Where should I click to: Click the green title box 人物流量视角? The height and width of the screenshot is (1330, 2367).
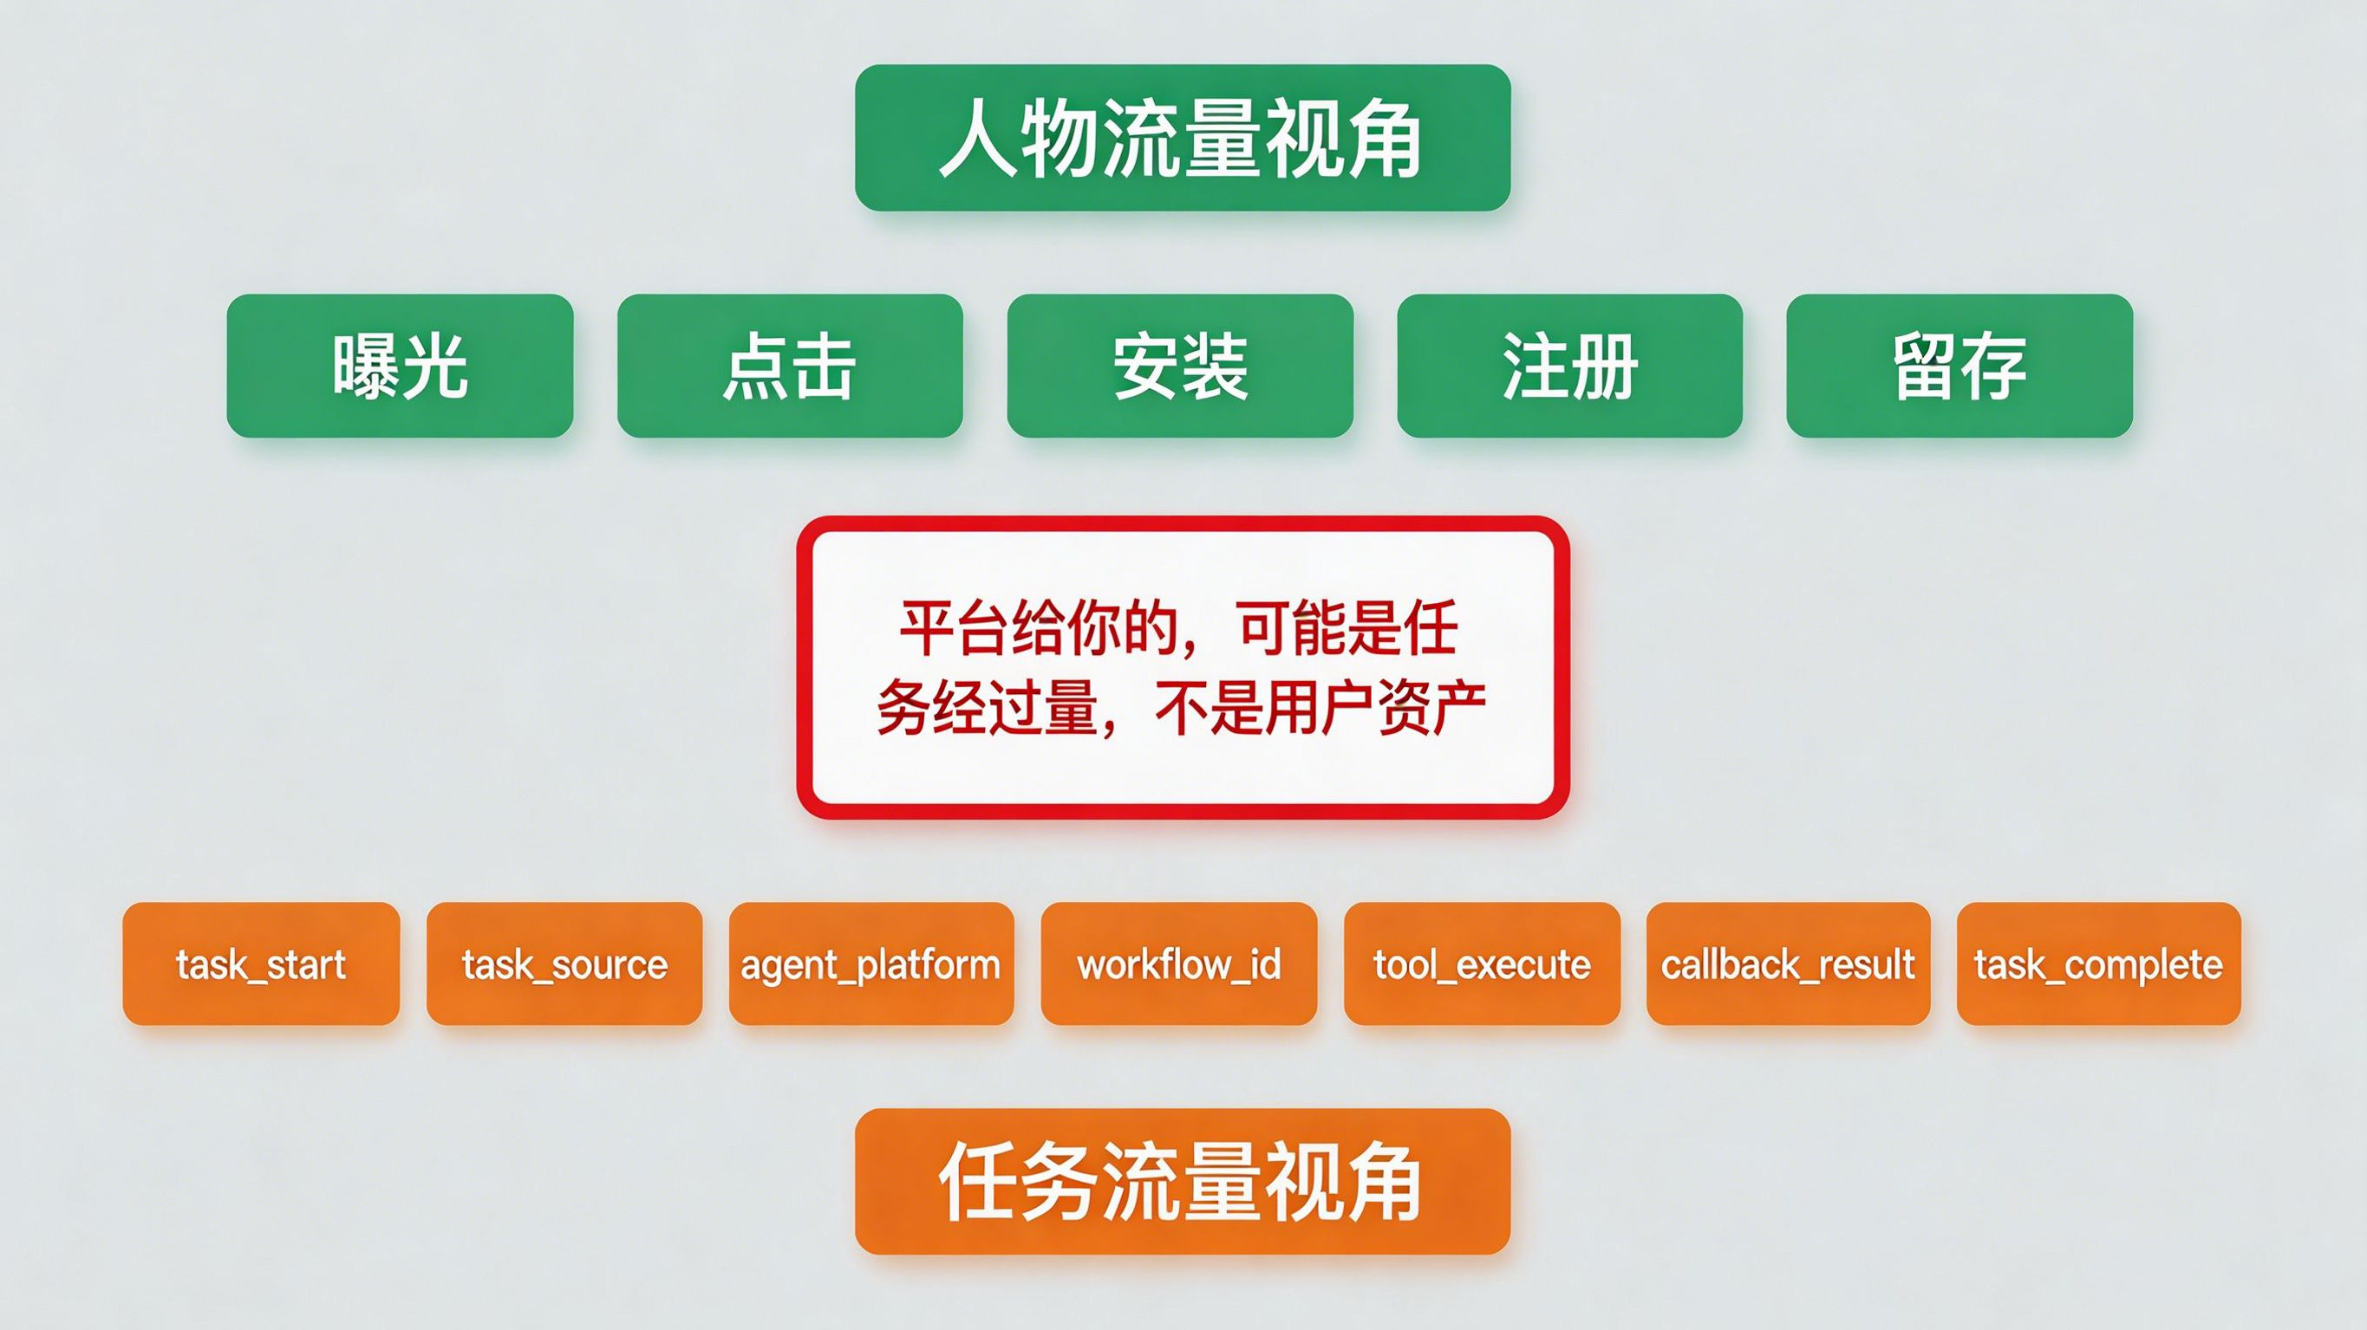tap(1183, 138)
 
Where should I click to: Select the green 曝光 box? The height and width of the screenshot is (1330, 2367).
tap(400, 366)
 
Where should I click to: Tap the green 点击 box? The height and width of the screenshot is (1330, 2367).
tap(790, 366)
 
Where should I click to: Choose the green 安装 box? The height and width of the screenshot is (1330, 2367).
tap(1180, 366)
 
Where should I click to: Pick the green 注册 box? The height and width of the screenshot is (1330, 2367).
tap(1570, 366)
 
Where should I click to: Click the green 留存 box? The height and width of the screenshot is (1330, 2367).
tap(1960, 366)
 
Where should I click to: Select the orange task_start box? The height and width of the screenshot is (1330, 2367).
tap(261, 963)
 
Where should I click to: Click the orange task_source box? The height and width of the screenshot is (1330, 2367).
tap(564, 963)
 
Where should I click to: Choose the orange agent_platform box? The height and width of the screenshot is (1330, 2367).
tap(871, 963)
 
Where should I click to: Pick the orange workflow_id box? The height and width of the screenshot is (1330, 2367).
tap(1179, 963)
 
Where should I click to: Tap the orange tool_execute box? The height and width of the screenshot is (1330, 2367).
tap(1482, 963)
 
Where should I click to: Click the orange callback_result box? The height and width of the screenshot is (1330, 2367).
tap(1788, 963)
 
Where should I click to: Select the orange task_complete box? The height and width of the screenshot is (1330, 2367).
tap(2099, 963)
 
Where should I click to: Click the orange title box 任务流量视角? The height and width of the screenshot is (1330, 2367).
tap(1183, 1181)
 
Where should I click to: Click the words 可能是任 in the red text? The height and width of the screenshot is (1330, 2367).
tap(1348, 629)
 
